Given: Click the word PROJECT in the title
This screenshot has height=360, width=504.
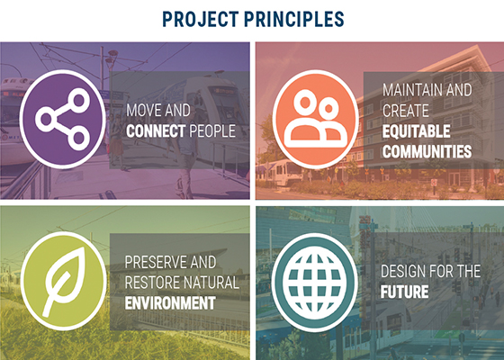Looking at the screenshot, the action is [x=200, y=19].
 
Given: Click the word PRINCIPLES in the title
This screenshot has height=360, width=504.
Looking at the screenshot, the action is [x=294, y=19].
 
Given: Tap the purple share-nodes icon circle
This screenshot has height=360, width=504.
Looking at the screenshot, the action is [x=63, y=119].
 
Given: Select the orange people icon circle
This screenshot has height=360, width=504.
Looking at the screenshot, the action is [x=316, y=119].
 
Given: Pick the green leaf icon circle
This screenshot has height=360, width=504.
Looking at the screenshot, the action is [x=63, y=281].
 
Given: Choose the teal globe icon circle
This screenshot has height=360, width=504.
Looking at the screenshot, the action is [x=314, y=283].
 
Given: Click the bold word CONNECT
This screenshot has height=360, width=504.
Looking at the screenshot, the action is [x=156, y=131].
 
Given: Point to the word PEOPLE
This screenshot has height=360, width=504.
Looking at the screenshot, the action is [x=212, y=131].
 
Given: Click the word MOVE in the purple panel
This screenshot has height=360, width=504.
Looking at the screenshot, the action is [x=143, y=111].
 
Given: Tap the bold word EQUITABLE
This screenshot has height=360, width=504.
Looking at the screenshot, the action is [x=416, y=131].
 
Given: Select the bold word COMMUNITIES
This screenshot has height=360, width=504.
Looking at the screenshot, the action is [x=427, y=152].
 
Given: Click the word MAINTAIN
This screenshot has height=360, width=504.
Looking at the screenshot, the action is [x=412, y=90].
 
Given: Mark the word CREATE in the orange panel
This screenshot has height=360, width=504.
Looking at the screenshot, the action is [x=405, y=111].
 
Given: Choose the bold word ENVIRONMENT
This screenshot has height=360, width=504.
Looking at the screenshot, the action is [x=170, y=303].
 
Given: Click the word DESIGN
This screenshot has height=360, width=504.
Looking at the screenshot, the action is [x=403, y=271].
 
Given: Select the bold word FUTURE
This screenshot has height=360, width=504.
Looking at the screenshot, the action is [x=404, y=292].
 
